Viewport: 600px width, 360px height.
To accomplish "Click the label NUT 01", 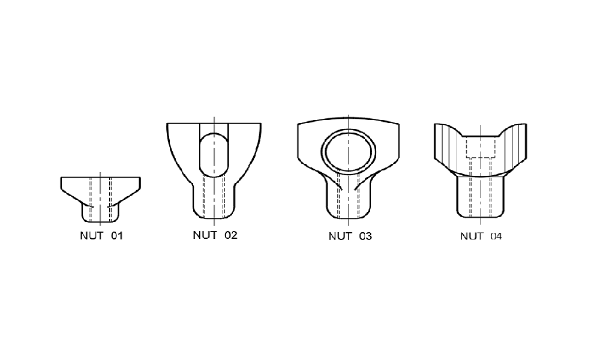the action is pos(101,236).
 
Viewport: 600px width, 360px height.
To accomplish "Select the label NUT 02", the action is pos(215,235).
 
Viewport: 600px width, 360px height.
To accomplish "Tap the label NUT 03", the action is pos(350,236).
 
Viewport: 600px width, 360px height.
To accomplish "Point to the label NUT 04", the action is pos(481,236).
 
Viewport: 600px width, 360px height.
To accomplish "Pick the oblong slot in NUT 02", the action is pos(200,155).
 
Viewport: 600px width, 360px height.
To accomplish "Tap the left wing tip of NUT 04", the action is pos(435,124).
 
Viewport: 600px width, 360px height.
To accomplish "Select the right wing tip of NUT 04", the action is pos(526,124).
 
